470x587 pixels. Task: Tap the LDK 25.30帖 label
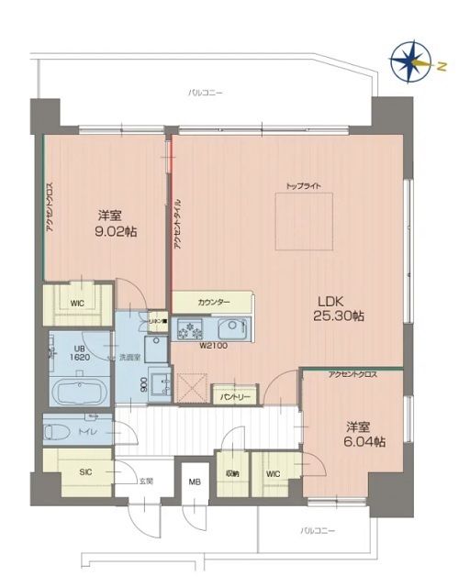341,307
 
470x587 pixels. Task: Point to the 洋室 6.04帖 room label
365,434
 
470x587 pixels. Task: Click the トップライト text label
303,186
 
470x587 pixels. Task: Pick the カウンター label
213,303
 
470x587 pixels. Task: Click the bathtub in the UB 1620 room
78,392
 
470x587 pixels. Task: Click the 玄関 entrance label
146,480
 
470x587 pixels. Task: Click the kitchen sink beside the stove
229,327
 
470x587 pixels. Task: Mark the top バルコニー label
205,93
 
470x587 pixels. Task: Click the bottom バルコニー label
318,531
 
